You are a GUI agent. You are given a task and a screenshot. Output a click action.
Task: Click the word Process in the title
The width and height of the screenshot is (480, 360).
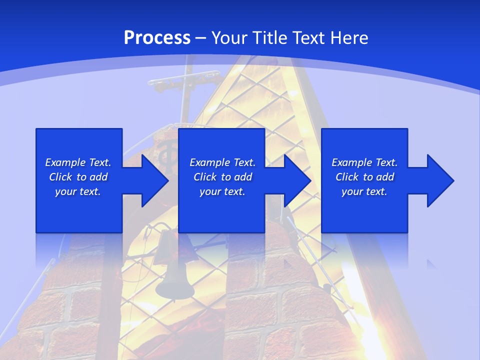tap(157, 38)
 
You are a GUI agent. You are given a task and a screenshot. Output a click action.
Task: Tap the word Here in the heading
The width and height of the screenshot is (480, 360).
tap(348, 38)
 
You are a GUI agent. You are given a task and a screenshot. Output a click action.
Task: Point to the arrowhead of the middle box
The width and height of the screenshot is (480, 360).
tap(297, 180)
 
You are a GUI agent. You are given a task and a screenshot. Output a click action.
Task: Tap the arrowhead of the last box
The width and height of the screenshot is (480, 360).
tap(440, 180)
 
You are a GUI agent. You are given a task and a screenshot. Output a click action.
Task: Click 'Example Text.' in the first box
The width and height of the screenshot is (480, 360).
tap(78, 162)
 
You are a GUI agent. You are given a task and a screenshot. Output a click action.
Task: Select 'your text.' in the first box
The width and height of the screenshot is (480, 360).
tap(78, 191)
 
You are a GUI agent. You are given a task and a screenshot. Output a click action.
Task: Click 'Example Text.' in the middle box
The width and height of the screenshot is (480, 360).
tap(222, 162)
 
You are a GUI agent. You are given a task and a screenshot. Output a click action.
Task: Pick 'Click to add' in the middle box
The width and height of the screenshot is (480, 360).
tap(222, 177)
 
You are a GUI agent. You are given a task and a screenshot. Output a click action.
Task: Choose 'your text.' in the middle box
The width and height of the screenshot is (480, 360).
tap(222, 191)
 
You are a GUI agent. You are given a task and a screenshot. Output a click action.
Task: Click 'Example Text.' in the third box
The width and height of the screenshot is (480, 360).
tap(364, 162)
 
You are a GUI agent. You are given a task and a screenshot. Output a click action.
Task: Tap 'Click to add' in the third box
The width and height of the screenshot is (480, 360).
tap(364, 177)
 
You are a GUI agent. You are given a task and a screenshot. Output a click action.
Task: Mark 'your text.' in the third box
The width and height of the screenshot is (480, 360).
tap(364, 191)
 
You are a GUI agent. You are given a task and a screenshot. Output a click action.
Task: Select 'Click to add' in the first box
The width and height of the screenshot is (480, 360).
tap(78, 177)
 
